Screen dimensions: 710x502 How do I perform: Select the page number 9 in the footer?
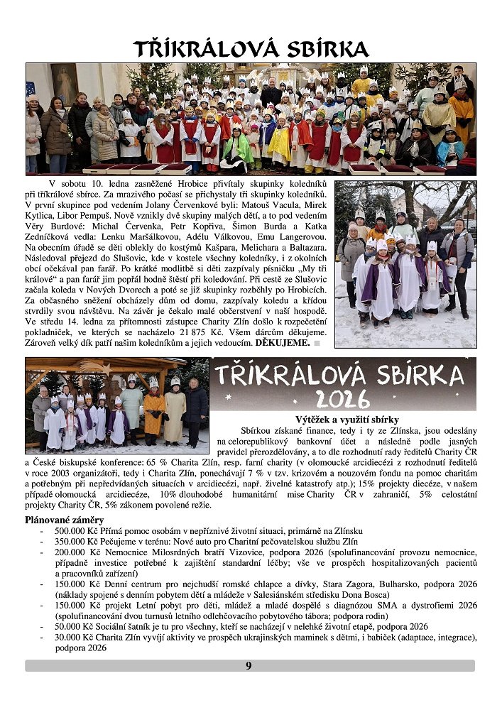[x=249, y=665]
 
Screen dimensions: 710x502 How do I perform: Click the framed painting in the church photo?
[x=65, y=84]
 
